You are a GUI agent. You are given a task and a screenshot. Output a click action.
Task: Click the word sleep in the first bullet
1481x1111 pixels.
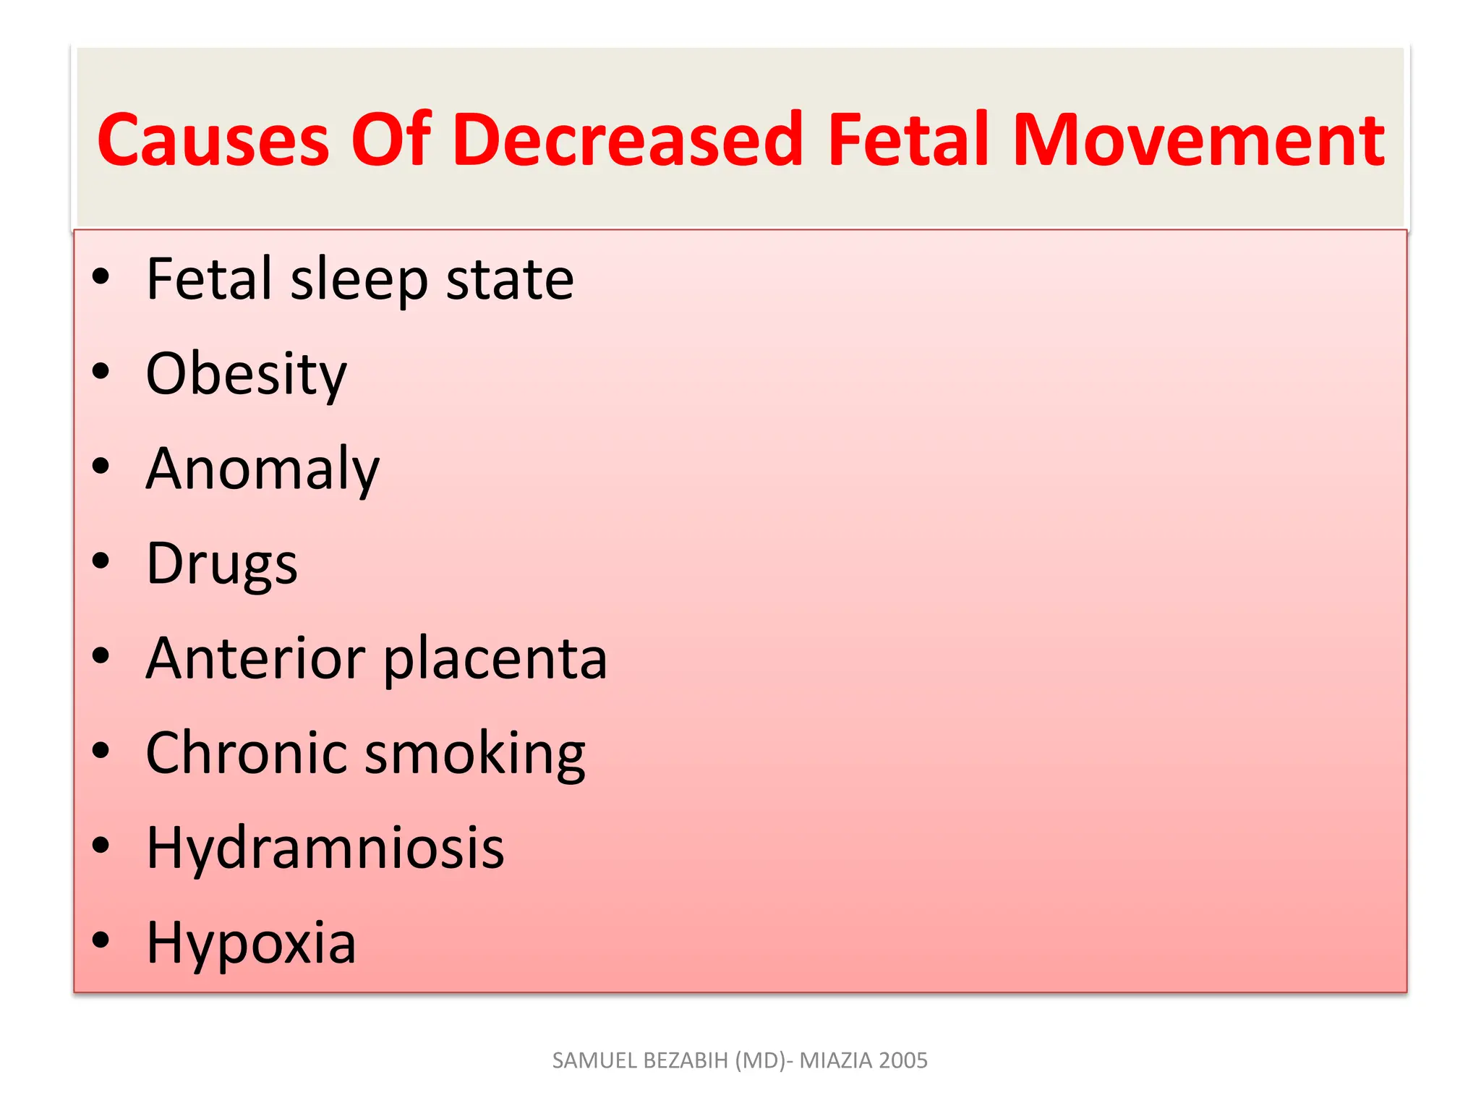pyautogui.click(x=359, y=280)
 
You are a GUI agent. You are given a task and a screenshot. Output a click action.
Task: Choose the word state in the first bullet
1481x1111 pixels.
pyautogui.click(x=510, y=280)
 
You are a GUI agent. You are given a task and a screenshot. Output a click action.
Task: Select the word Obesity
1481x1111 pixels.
pyautogui.click(x=246, y=375)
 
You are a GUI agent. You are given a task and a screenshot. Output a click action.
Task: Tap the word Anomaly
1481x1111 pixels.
pyautogui.click(x=263, y=469)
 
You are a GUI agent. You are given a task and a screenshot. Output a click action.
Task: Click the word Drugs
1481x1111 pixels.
pyautogui.click(x=221, y=564)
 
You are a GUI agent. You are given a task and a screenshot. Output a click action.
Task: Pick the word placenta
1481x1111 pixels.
pyautogui.click(x=495, y=660)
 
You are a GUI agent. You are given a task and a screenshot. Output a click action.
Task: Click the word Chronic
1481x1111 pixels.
pyautogui.click(x=245, y=754)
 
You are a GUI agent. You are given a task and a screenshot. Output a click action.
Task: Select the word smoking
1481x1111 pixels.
pyautogui.click(x=475, y=755)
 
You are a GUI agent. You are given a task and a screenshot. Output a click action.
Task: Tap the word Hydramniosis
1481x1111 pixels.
pyautogui.click(x=325, y=848)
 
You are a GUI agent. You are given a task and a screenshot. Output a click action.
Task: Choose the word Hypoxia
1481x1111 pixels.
pyautogui.click(x=251, y=944)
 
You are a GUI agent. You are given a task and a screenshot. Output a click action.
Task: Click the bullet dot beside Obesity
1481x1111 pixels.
pyautogui.click(x=101, y=371)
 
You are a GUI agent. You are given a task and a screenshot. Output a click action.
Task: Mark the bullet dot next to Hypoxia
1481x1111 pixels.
pyautogui.click(x=101, y=940)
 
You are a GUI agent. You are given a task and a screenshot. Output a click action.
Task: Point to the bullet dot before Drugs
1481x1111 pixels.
pyautogui.click(x=101, y=561)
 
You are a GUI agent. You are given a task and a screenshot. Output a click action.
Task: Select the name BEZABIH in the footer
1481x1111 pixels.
pyautogui.click(x=686, y=1060)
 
